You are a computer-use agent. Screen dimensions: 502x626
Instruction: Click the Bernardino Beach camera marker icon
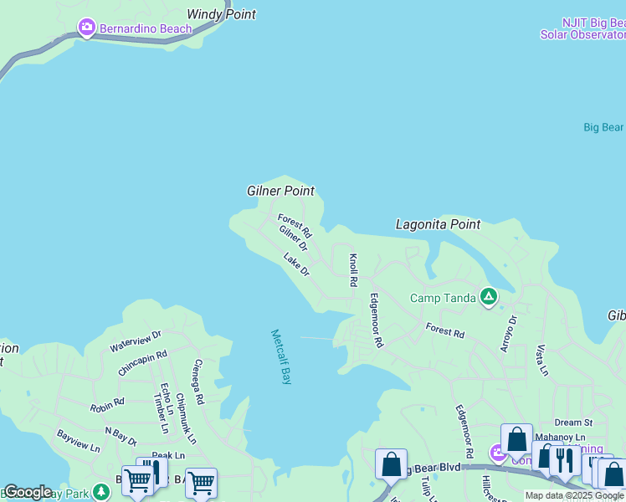coord(86,28)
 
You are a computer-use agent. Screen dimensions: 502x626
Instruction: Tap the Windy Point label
coord(221,14)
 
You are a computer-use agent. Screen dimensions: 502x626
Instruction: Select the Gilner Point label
coord(280,191)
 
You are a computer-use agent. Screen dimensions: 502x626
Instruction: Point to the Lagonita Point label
coord(438,224)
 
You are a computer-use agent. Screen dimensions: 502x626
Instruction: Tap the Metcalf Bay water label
coord(281,356)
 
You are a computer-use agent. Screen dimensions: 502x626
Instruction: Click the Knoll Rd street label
coord(353,269)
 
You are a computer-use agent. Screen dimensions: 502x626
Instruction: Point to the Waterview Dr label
coord(135,341)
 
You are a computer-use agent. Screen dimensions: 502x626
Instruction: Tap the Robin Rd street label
coord(107,405)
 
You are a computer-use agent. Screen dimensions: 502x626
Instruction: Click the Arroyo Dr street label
coord(511,333)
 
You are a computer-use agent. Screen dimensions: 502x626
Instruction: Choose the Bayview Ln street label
coord(78,441)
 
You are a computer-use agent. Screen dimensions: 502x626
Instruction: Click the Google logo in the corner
coord(28,492)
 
